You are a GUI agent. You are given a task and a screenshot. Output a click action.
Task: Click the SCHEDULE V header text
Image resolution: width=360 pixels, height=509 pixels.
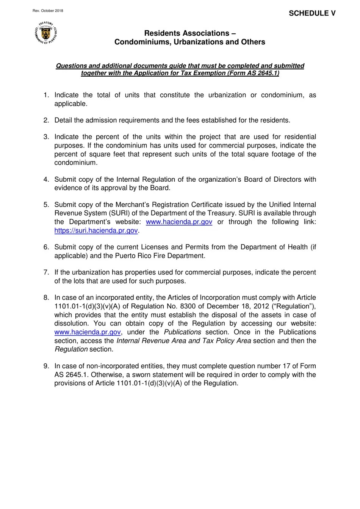pos(312,13)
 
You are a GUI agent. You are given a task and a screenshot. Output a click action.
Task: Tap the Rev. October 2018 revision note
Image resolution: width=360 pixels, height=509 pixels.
pos(48,11)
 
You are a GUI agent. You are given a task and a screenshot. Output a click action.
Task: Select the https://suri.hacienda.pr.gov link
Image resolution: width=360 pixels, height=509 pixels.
pos(96,231)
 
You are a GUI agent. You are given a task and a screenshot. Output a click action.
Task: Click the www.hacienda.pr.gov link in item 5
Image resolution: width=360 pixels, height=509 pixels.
pos(179,222)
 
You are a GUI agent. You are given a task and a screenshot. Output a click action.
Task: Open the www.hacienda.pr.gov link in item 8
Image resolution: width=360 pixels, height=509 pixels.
pos(88,332)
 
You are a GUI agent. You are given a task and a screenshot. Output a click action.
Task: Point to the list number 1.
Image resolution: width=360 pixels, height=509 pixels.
pos(46,95)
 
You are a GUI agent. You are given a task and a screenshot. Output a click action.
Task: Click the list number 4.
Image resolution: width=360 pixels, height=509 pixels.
pos(46,179)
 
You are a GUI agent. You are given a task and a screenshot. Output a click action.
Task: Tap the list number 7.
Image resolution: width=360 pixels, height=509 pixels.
pos(46,272)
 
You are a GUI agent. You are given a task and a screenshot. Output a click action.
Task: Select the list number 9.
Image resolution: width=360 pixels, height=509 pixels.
pos(46,366)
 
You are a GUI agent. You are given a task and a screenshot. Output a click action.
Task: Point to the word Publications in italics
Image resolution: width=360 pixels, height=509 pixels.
pos(182,332)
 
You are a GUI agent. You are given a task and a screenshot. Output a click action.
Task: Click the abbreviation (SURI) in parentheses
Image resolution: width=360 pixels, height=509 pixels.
pos(120,213)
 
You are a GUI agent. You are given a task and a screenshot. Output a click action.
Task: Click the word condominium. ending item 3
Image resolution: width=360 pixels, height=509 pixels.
pos(76,163)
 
